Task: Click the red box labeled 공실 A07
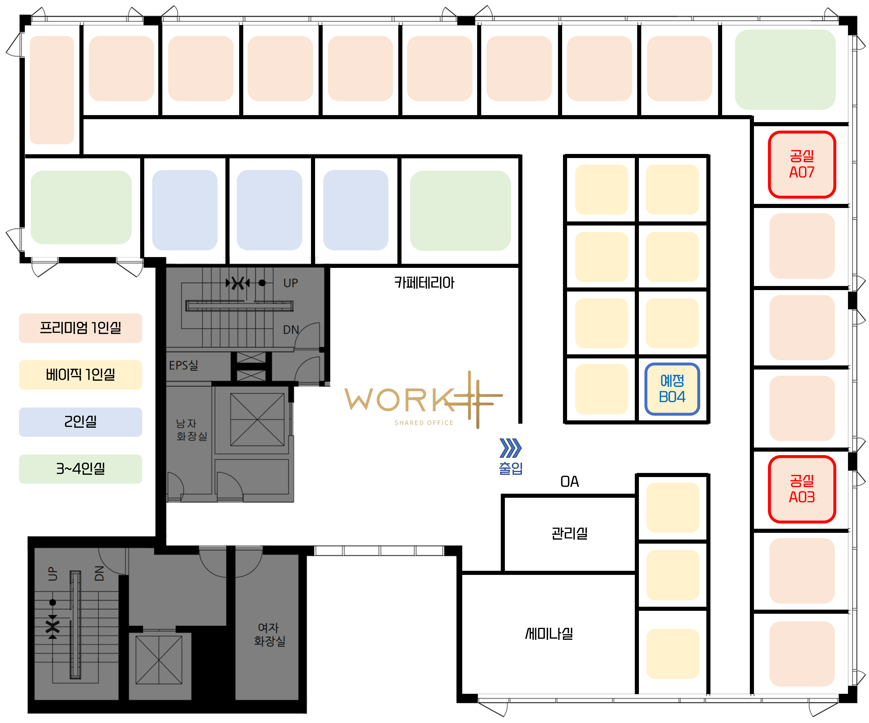click(x=802, y=164)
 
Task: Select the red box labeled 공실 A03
click(x=802, y=489)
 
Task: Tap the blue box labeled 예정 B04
click(x=672, y=389)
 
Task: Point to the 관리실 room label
click(x=569, y=533)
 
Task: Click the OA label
click(x=569, y=482)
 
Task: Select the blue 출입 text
click(x=511, y=468)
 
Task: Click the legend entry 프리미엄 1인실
click(x=81, y=328)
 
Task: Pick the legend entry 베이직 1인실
click(x=81, y=375)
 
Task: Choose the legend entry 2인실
click(x=81, y=422)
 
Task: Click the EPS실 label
click(x=183, y=365)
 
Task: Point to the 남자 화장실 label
click(x=191, y=430)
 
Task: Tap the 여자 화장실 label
click(x=269, y=634)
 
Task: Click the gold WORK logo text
click(x=397, y=400)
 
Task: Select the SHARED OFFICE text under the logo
click(x=424, y=423)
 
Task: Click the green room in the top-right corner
click(x=785, y=70)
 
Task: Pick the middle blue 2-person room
click(x=270, y=210)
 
